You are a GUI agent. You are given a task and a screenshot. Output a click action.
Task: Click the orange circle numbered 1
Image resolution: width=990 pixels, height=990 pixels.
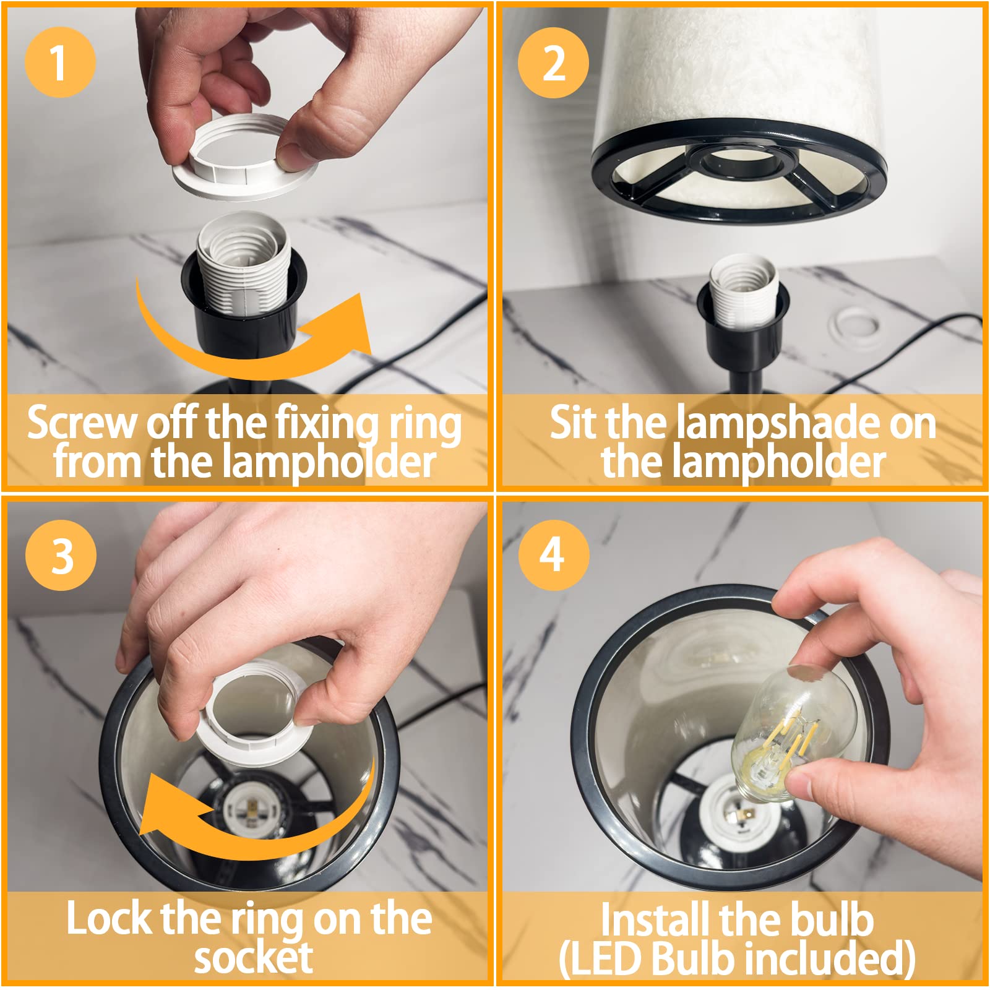(60, 62)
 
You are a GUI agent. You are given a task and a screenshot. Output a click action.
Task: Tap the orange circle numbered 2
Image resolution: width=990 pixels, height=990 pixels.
(553, 62)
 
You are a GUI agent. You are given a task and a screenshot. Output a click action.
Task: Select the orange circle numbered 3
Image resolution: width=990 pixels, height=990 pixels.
(61, 555)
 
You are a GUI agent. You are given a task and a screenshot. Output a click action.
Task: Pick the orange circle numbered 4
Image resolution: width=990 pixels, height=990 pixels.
(553, 554)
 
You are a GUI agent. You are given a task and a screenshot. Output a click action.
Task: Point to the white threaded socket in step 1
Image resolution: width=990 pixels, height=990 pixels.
(243, 263)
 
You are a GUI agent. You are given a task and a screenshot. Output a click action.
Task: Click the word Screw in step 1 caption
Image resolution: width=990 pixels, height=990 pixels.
(82, 423)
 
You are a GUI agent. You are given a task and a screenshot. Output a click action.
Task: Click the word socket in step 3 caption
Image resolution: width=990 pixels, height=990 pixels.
(253, 958)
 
